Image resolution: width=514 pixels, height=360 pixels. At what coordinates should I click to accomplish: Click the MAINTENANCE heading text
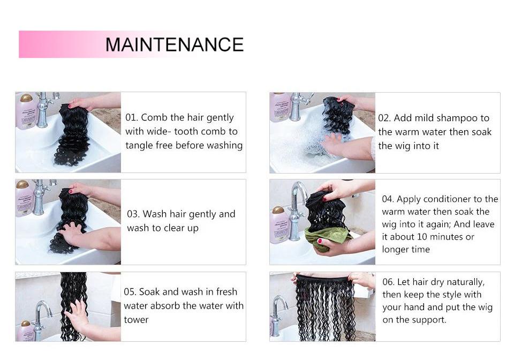(175, 44)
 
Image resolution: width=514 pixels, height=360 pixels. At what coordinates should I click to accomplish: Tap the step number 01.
(131, 118)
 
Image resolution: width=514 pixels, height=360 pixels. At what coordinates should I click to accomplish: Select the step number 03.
(133, 214)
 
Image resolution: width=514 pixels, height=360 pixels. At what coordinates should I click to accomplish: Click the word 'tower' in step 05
(136, 320)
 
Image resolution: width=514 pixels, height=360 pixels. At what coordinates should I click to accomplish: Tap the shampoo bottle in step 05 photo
(25, 331)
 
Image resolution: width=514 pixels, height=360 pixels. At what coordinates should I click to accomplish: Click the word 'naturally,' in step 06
(464, 282)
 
